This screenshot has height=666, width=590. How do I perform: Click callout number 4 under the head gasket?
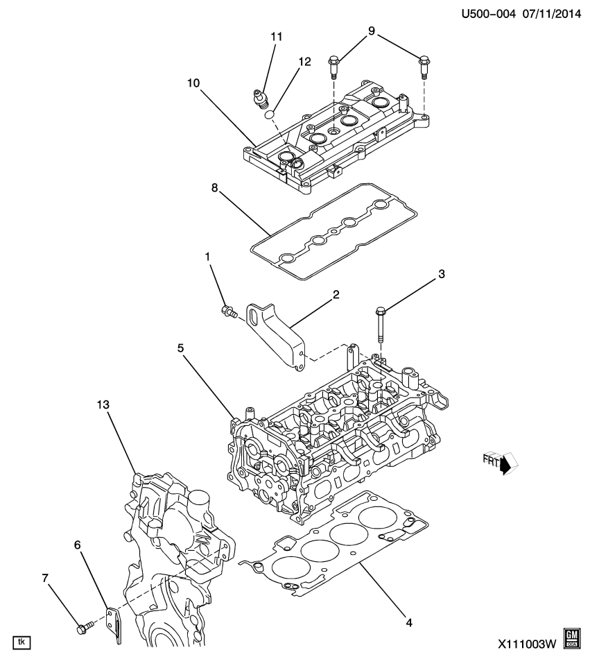tap(408, 622)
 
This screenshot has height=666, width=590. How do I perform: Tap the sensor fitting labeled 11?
tap(260, 100)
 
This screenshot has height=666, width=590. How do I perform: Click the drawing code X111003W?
tap(527, 643)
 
